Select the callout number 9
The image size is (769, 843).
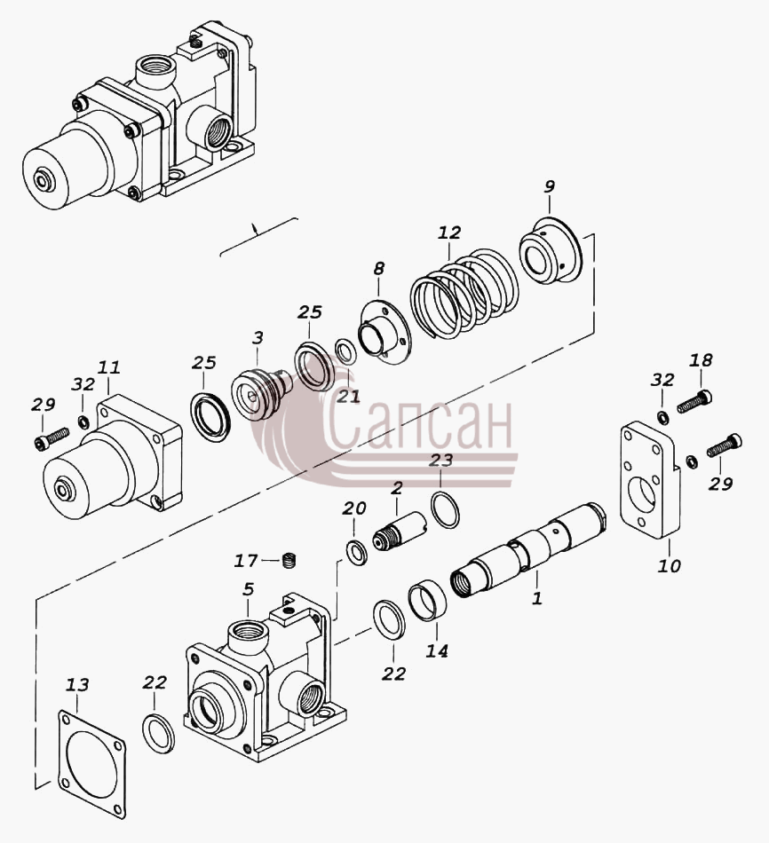click(549, 186)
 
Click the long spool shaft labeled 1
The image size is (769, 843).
click(528, 548)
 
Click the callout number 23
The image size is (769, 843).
click(441, 461)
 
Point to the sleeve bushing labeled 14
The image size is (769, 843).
click(427, 600)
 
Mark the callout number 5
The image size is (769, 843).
click(248, 588)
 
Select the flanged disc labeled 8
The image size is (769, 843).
click(384, 334)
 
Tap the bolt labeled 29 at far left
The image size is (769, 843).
click(52, 437)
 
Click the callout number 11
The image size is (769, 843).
click(109, 367)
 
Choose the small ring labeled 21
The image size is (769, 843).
click(345, 352)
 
